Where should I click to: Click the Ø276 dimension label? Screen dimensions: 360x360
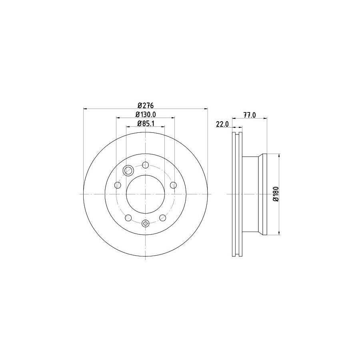146,106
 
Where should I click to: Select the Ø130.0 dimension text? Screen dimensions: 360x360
146,115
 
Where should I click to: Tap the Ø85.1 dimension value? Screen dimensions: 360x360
146,124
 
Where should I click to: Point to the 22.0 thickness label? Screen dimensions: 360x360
222,124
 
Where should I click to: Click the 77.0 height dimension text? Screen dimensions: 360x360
250,115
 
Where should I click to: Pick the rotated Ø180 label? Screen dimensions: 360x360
275,194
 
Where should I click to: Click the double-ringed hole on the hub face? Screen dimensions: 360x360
128,171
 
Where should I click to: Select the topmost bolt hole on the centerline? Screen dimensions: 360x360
146,165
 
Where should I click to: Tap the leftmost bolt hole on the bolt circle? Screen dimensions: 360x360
118,185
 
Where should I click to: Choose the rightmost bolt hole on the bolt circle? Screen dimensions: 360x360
173,185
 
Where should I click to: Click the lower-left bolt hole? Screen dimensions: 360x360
128,218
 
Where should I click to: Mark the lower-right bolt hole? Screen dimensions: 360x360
163,218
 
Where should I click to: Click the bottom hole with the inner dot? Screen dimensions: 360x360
146,223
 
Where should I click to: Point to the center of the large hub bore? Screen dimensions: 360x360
146,194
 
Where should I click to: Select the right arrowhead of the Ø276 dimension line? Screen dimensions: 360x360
206,108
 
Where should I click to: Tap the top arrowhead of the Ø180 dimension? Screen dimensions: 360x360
278,155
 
